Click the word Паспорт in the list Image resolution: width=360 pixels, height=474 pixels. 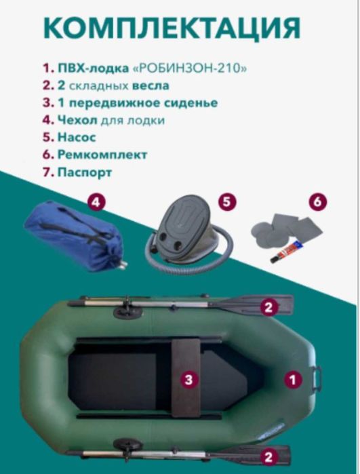[x=86, y=172]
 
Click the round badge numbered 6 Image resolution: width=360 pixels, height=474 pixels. [x=316, y=203]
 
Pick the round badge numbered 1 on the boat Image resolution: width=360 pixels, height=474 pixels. [x=293, y=380]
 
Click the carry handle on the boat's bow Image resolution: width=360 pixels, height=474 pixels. [x=317, y=377]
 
